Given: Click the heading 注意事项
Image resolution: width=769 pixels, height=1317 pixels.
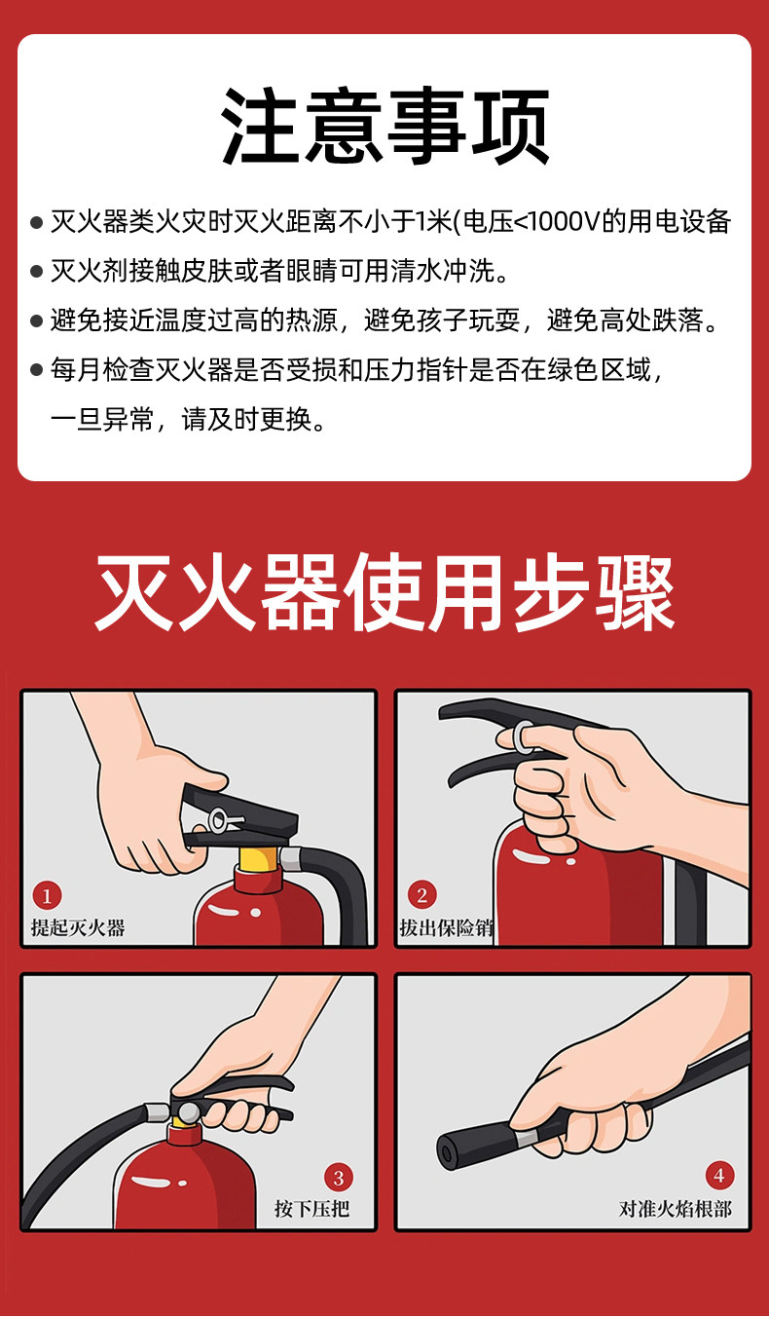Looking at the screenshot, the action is (384, 126).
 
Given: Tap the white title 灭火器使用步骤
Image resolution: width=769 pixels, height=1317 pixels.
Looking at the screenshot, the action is (384, 592).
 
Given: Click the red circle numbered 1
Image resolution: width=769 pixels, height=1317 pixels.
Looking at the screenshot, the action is (47, 896).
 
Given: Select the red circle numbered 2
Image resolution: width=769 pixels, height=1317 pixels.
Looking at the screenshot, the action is (421, 895).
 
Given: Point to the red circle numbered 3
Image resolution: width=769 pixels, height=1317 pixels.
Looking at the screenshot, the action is (339, 1178).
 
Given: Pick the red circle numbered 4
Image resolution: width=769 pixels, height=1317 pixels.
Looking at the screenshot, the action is (719, 1176).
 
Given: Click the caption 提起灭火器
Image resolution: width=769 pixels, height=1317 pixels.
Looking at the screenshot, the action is (78, 928).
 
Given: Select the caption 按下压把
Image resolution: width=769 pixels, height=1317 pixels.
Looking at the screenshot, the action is (311, 1210).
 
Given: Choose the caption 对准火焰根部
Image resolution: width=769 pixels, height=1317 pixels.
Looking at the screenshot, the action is (675, 1210).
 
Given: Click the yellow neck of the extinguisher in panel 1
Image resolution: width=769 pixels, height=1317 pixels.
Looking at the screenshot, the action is (259, 859).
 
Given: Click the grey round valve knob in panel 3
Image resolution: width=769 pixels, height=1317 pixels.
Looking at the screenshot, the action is (189, 1111).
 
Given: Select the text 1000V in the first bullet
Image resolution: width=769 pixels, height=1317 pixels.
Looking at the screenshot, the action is (566, 222).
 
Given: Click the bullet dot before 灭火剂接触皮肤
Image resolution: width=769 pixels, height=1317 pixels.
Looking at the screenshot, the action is (36, 272).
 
